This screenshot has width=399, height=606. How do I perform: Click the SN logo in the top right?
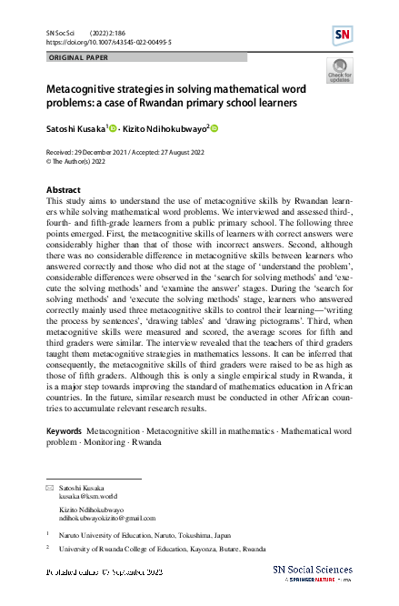[344, 35]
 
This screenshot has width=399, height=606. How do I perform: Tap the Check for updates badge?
[338, 70]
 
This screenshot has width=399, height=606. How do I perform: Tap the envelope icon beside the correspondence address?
[50, 490]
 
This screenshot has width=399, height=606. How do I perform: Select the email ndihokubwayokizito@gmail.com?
[104, 519]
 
